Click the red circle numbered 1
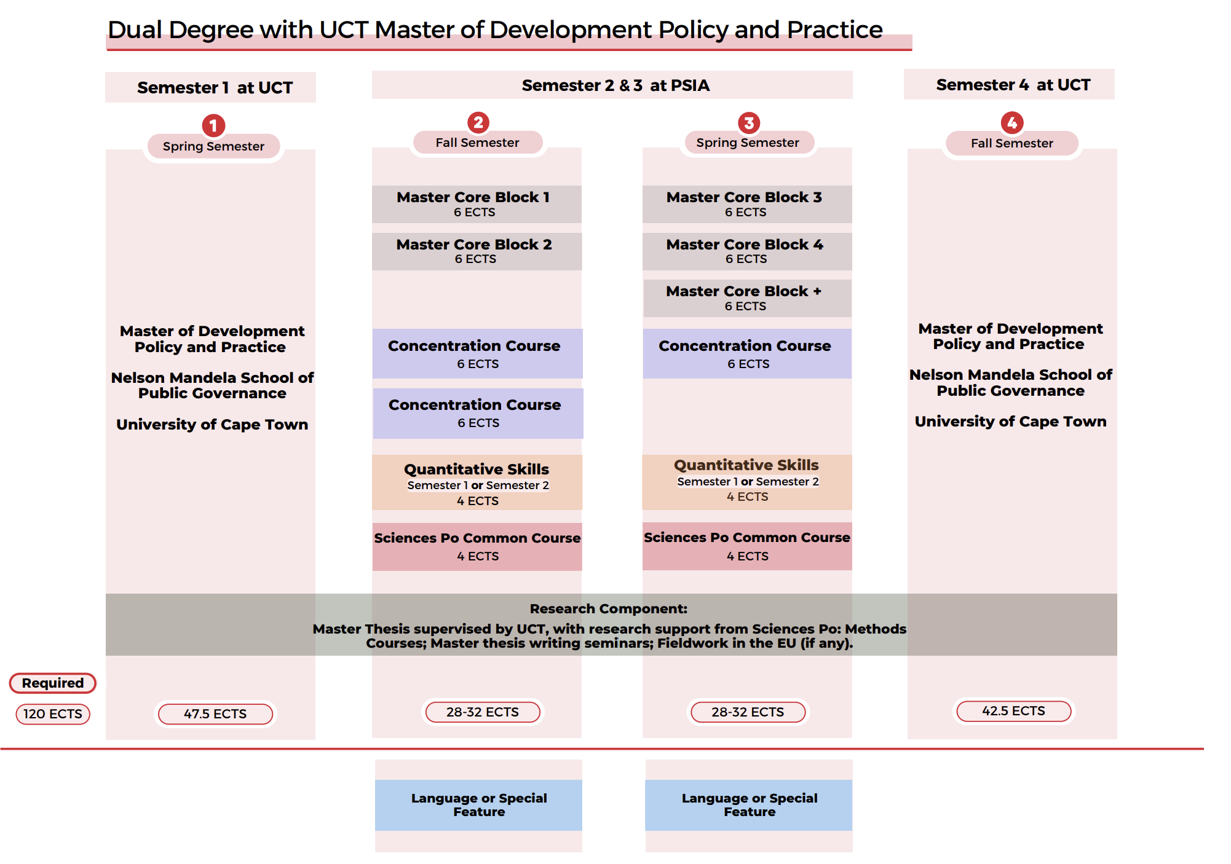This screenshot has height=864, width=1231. (213, 125)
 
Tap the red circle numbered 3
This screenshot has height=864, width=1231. (748, 123)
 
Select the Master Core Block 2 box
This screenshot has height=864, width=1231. (477, 251)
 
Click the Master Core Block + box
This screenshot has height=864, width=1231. (747, 298)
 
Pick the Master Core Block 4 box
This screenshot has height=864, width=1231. (747, 251)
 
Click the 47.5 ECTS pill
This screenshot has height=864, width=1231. (215, 713)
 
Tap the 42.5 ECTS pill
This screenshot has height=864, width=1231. (1013, 711)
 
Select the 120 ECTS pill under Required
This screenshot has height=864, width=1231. (53, 713)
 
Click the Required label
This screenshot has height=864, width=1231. (53, 683)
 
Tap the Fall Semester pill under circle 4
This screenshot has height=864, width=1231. (1011, 143)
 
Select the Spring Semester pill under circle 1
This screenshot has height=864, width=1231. (213, 146)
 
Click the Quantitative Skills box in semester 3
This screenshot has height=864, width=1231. (747, 482)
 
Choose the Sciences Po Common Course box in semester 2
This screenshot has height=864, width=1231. (477, 546)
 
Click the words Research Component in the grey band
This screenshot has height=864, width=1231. (608, 608)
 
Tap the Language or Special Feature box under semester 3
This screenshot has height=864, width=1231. (749, 805)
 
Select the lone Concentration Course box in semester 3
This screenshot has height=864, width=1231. (747, 353)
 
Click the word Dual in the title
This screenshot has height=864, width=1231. (135, 29)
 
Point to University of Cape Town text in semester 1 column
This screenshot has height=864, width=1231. (212, 425)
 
